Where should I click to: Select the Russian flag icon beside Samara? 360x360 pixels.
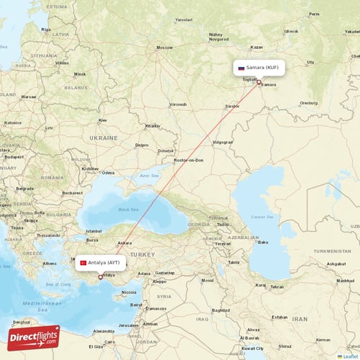(241, 68)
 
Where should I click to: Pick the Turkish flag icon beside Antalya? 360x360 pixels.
(83, 264)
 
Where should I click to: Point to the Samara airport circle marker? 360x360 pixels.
(259, 81)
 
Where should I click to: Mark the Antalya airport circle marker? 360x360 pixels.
(100, 277)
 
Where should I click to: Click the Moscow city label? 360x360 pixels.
(165, 48)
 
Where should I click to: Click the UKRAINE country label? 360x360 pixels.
(103, 137)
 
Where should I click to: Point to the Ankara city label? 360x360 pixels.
(124, 243)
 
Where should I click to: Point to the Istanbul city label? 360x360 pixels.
(94, 230)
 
